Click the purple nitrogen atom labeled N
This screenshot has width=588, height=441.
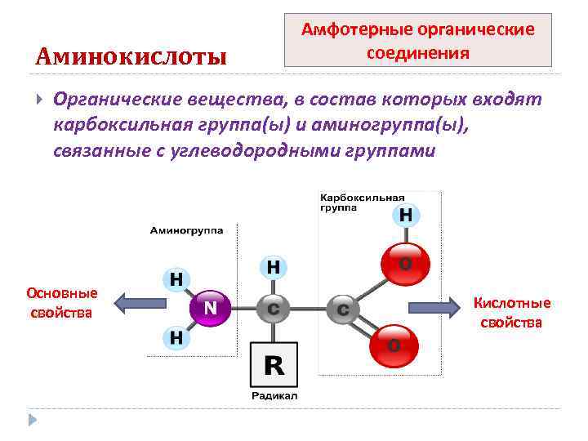(x=210, y=308)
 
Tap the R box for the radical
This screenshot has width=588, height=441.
(x=274, y=365)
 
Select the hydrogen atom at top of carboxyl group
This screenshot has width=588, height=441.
(x=406, y=216)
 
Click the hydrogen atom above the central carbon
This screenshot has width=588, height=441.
(x=274, y=266)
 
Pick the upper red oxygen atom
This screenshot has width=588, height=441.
(x=404, y=265)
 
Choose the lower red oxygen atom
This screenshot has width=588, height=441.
(x=393, y=345)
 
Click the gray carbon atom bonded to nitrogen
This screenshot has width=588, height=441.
(x=273, y=309)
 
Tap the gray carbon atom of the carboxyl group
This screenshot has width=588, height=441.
(x=342, y=309)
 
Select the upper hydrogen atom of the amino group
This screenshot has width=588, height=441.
(x=176, y=279)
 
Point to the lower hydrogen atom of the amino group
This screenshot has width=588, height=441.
(x=176, y=336)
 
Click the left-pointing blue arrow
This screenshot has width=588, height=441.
(x=140, y=304)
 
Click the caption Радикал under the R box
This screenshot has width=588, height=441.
(x=274, y=396)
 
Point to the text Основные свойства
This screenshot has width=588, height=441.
(x=62, y=302)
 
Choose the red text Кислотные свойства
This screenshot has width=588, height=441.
(x=512, y=313)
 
